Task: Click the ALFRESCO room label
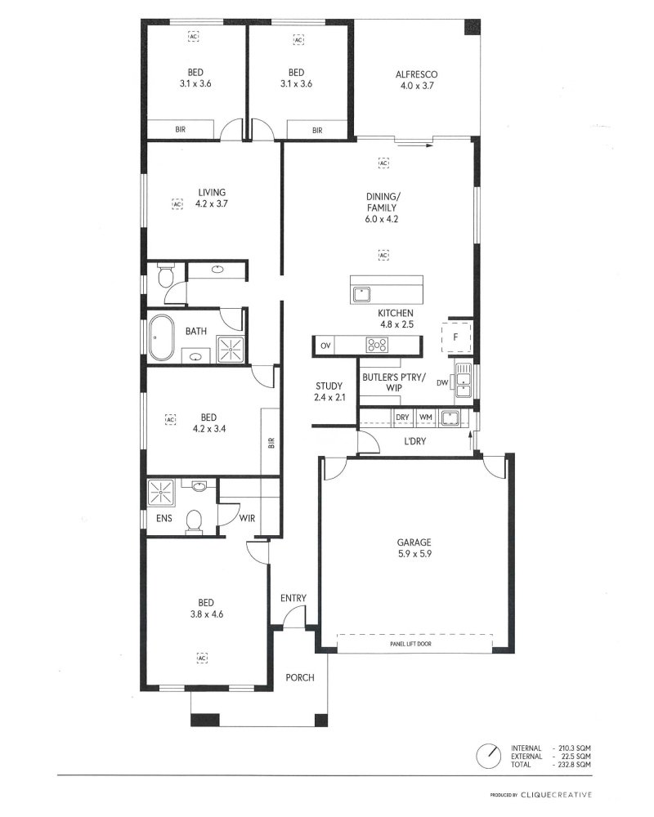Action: point(416,74)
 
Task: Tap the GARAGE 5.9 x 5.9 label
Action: point(414,548)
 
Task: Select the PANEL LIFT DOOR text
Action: point(411,644)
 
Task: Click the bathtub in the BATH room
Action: point(161,337)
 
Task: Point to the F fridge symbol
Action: point(456,337)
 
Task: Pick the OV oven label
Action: point(325,346)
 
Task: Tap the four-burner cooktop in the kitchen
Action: point(377,345)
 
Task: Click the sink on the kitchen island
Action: point(361,294)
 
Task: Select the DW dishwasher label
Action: point(442,383)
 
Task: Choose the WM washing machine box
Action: point(426,417)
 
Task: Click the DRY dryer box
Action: point(403,417)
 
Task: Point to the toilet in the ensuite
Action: point(194,521)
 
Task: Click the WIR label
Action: point(247,519)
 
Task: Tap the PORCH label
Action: point(300,677)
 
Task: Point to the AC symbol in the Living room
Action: point(178,203)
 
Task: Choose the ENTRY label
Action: point(293,598)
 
